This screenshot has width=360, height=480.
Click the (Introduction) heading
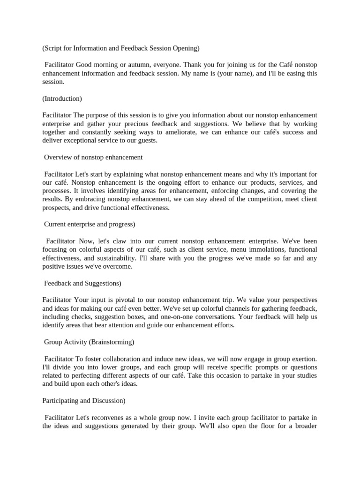coord(62,98)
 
